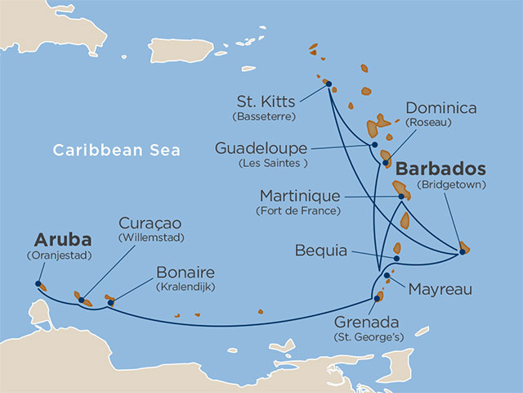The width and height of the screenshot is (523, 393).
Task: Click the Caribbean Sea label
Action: click(116, 150)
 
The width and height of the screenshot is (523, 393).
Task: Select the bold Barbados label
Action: click(441, 169)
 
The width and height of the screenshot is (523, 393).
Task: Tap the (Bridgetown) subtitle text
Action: click(451, 185)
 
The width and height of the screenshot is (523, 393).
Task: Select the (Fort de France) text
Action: click(299, 210)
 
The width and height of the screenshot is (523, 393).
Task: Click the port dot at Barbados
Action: click(462, 251)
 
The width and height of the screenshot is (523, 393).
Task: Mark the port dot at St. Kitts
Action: click(328, 84)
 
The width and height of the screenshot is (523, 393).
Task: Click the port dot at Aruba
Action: click(38, 284)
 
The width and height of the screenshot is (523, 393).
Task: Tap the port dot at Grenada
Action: click(377, 298)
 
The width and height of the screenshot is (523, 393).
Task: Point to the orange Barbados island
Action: click(465, 246)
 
